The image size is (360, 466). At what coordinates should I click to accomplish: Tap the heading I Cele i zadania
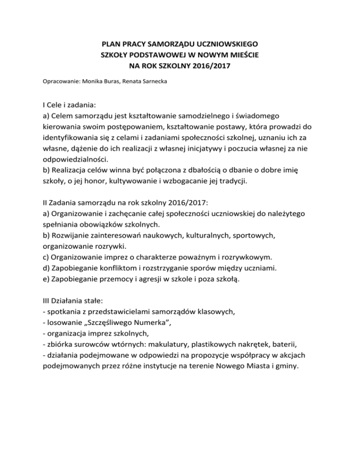73,106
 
